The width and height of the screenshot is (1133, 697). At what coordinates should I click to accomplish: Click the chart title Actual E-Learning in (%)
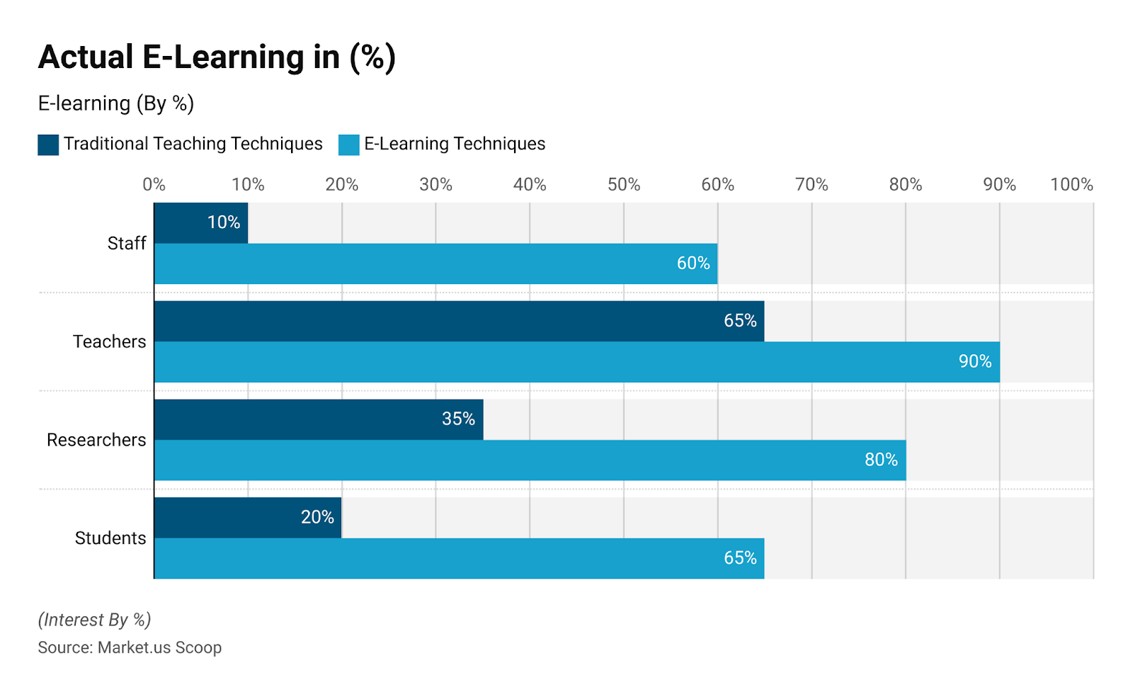217,57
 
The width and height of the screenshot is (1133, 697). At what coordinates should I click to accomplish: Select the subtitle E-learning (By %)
115,103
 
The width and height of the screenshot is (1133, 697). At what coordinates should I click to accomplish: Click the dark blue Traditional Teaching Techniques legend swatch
48,144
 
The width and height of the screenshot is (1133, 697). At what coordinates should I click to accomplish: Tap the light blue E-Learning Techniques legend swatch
349,144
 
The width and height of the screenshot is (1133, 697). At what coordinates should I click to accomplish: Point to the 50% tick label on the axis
623,185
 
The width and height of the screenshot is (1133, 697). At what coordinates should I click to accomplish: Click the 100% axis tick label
1071,185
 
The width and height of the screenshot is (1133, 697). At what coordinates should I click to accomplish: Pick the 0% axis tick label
154,185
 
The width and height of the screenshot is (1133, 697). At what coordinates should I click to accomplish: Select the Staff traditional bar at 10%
200,222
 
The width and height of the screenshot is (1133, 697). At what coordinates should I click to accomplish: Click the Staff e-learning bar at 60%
435,263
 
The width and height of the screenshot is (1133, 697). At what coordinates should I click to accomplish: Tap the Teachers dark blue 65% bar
459,321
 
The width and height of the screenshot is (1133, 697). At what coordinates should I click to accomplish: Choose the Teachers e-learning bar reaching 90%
576,362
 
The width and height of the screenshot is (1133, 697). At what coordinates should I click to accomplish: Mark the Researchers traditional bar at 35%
319,419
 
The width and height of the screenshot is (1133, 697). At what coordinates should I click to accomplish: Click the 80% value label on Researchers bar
880,460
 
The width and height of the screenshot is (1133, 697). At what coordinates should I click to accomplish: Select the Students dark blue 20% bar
248,518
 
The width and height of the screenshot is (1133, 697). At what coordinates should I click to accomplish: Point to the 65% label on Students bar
739,558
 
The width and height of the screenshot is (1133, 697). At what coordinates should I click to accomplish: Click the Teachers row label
109,341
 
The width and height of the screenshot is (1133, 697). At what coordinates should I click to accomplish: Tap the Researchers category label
96,440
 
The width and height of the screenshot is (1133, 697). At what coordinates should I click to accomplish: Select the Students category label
110,538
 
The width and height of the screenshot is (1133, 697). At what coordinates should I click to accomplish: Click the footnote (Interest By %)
94,620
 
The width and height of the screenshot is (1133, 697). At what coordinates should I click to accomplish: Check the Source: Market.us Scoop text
130,647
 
